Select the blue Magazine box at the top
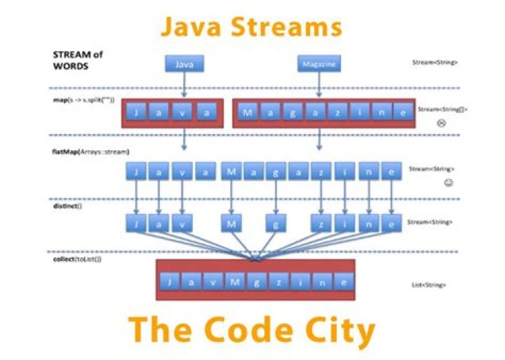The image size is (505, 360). point(320,64)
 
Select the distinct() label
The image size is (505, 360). point(67,206)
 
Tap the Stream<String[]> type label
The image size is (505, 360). point(443,109)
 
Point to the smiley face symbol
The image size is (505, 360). point(448,183)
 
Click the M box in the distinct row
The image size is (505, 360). point(231,224)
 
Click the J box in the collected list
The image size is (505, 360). point(170,281)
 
